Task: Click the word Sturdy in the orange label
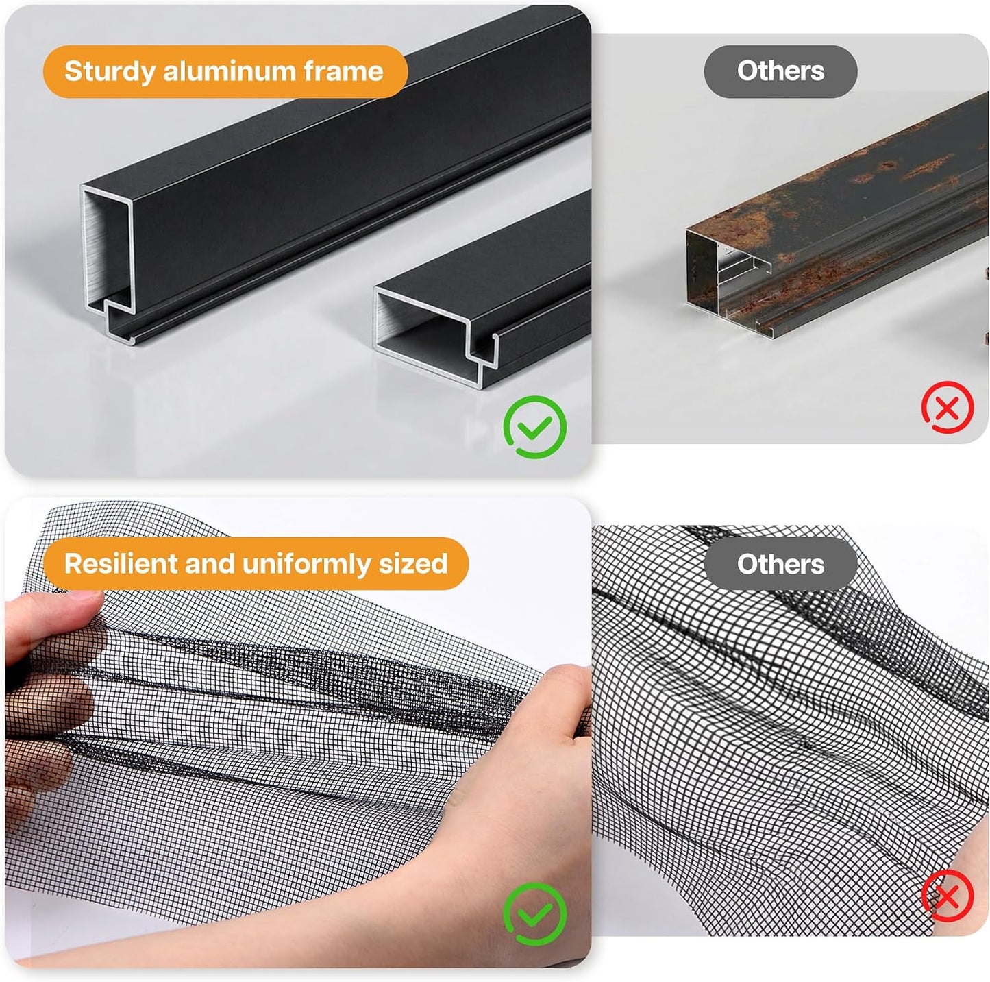tap(109, 71)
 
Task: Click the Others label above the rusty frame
tap(780, 71)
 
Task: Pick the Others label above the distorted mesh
tap(780, 564)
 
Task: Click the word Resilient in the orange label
tap(120, 563)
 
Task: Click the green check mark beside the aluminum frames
tap(535, 426)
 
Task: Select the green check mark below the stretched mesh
tap(535, 913)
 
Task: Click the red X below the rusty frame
tap(948, 408)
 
